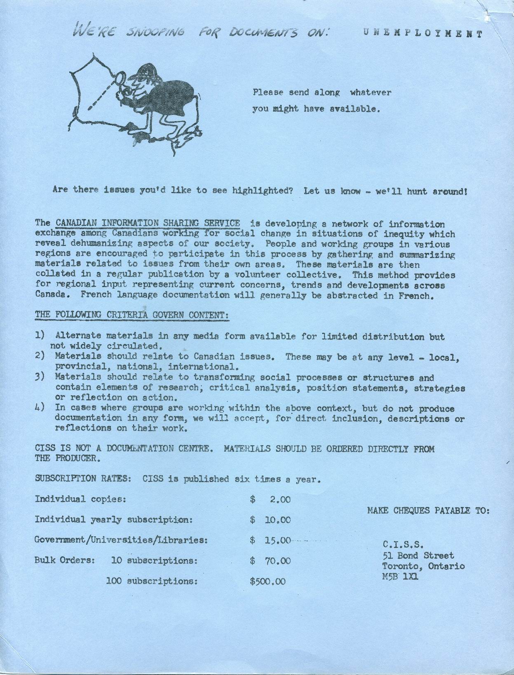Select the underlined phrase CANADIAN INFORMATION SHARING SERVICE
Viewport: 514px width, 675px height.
[148, 223]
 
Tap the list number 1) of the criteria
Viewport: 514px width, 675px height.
[40, 336]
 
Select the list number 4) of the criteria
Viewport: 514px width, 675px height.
[40, 408]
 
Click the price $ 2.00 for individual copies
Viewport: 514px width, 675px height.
[270, 500]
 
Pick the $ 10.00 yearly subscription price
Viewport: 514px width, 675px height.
[270, 520]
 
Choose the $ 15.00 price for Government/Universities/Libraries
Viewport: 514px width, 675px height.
[270, 540]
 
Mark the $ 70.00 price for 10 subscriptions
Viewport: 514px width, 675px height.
[270, 561]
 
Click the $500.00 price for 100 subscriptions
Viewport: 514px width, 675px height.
[268, 581]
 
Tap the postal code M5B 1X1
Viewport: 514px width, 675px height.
[400, 577]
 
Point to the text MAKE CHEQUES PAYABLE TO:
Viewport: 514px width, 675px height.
[428, 511]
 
